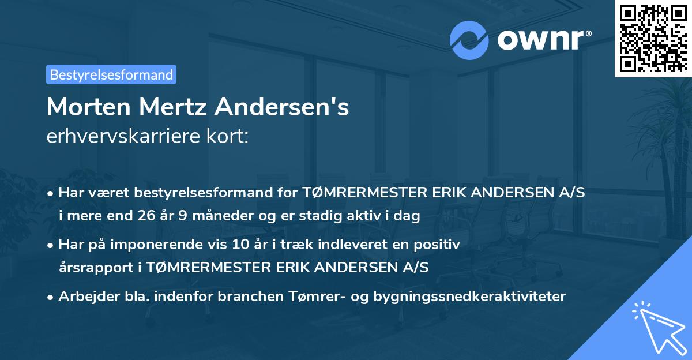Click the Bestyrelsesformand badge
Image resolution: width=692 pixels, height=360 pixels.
(111, 74)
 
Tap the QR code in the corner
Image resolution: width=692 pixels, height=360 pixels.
(653, 38)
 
